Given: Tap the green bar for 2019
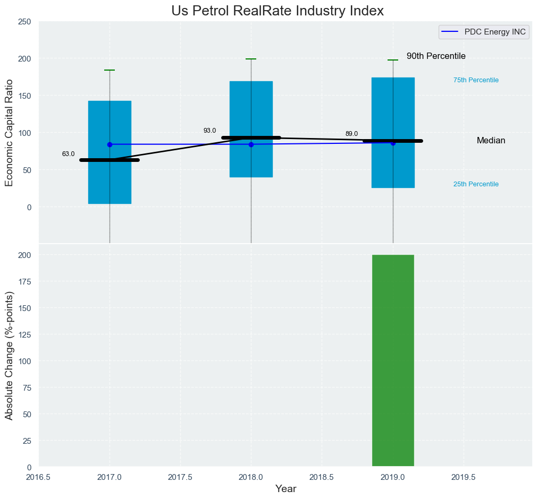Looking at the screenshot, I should coord(393,360).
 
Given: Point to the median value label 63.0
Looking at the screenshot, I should coord(69,154).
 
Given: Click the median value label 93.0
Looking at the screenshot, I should coord(210,131).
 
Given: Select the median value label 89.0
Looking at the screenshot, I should coord(351,134).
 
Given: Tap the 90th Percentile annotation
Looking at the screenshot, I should coord(436,56).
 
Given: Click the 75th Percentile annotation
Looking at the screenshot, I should coord(476,80).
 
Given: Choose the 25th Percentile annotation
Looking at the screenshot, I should coord(476,184).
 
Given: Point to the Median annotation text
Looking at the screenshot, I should coord(491,141).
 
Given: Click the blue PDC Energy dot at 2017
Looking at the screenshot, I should coord(110,144).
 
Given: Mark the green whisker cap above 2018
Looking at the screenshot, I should coord(251,59).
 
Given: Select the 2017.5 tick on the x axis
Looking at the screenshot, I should coord(180,477).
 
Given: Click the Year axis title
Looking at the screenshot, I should coord(285,489).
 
